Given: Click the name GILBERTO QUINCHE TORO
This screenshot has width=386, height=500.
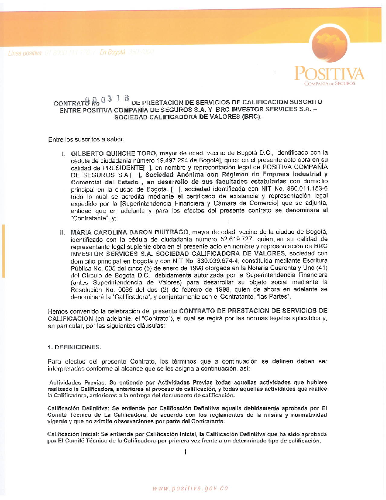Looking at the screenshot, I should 113,153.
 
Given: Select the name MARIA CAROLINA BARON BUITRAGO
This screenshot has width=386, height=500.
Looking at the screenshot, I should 130,232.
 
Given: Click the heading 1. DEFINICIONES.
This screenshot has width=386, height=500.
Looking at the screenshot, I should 74,347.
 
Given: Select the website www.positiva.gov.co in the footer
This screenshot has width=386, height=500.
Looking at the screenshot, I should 190,488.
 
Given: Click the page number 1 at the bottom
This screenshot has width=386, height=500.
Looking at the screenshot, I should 186,452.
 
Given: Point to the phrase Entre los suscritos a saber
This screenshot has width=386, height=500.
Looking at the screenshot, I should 86,139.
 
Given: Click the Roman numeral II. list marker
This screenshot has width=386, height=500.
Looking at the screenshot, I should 63,233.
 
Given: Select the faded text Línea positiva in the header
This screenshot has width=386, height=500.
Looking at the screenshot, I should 25,53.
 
